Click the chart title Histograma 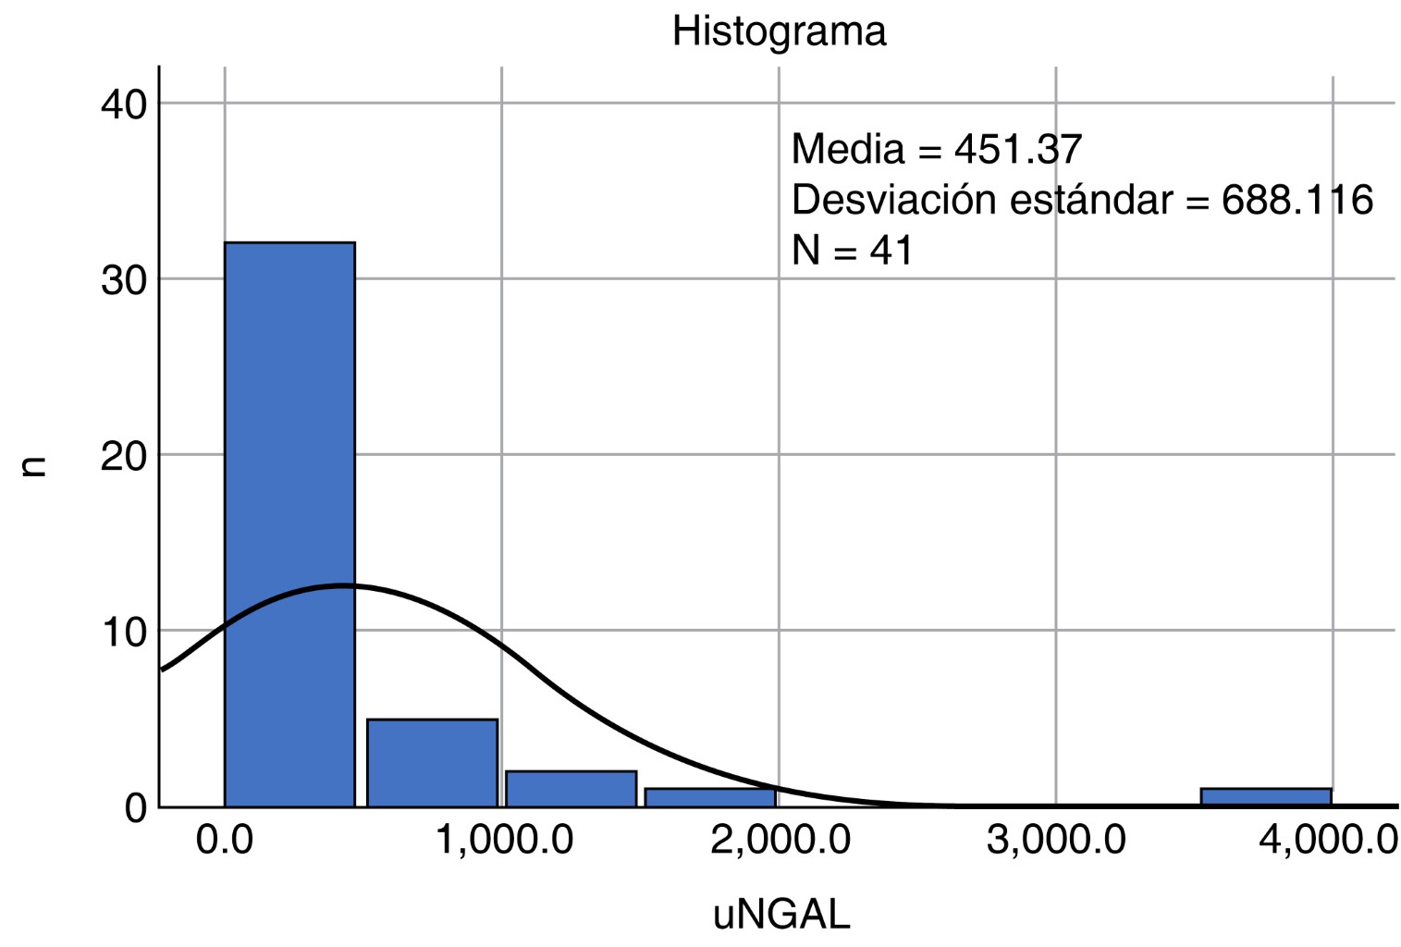779,31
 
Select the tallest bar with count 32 289,523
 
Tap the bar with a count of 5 432,763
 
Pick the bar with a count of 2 571,789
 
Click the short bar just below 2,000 709,797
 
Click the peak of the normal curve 342,585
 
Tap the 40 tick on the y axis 124,105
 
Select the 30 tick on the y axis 124,280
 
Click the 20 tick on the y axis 124,456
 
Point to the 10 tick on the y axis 124,633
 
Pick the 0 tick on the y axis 135,808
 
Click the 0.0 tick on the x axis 225,841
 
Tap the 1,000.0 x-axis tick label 504,841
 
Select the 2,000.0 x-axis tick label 780,841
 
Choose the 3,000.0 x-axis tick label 1056,841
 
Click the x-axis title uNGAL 781,915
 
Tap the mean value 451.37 1018,149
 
